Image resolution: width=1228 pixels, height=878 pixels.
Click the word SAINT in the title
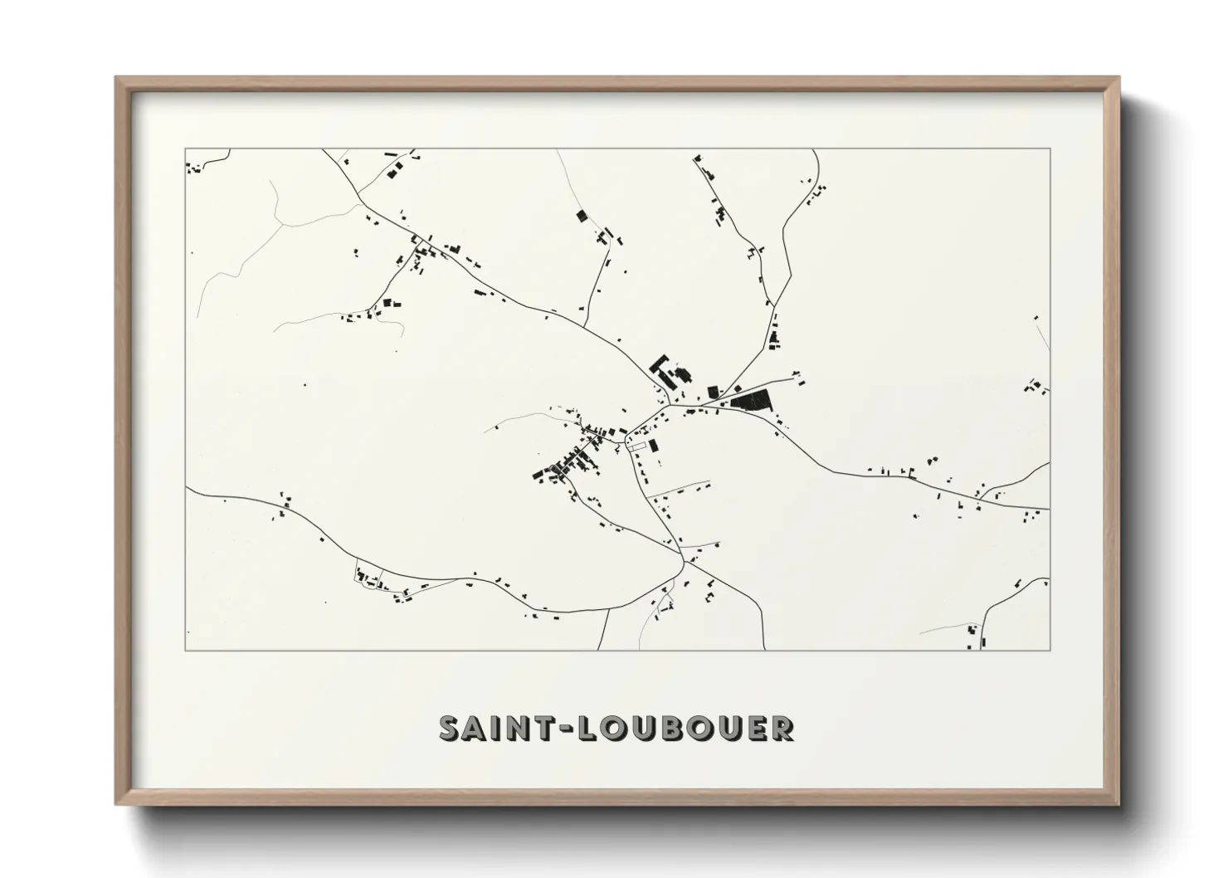pos(489,728)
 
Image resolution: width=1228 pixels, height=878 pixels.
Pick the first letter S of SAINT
pos(449,728)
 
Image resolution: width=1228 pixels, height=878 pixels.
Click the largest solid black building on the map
pos(752,401)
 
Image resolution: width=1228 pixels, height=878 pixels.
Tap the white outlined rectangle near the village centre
pos(636,446)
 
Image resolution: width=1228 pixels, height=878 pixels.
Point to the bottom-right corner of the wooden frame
pos(1118,804)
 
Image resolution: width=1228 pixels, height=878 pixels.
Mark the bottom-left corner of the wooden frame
pos(116,804)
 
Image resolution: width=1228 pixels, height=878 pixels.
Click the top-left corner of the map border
pos(186,149)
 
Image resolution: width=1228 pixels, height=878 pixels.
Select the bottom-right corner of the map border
pos(1050,650)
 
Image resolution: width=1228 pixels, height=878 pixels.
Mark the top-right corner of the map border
pos(1050,149)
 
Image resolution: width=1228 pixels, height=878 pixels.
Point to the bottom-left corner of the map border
pos(186,650)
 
